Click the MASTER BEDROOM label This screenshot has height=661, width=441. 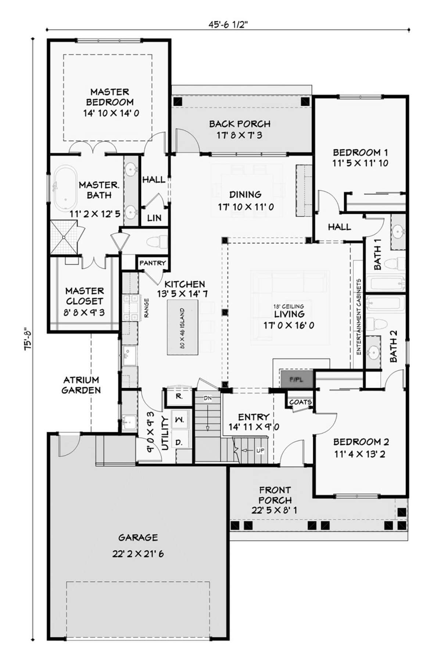point(110,97)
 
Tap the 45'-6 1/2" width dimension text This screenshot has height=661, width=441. point(228,24)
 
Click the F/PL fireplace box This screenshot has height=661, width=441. point(296,379)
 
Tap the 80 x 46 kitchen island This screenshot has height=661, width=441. point(183,328)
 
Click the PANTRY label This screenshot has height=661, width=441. point(153,263)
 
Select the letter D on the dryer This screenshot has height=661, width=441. point(179,442)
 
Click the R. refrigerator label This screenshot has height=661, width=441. point(179,396)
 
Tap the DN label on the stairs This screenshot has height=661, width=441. point(208,398)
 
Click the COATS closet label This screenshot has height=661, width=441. point(301,402)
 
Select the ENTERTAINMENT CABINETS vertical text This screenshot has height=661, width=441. point(359,317)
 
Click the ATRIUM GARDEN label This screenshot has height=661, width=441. point(81,385)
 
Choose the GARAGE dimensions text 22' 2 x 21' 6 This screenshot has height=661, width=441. point(138,554)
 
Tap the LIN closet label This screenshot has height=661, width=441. point(154,218)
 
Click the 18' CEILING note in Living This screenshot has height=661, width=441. point(288,306)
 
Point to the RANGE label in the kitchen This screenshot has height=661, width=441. point(146,308)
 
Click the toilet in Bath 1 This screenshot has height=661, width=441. point(395,263)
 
